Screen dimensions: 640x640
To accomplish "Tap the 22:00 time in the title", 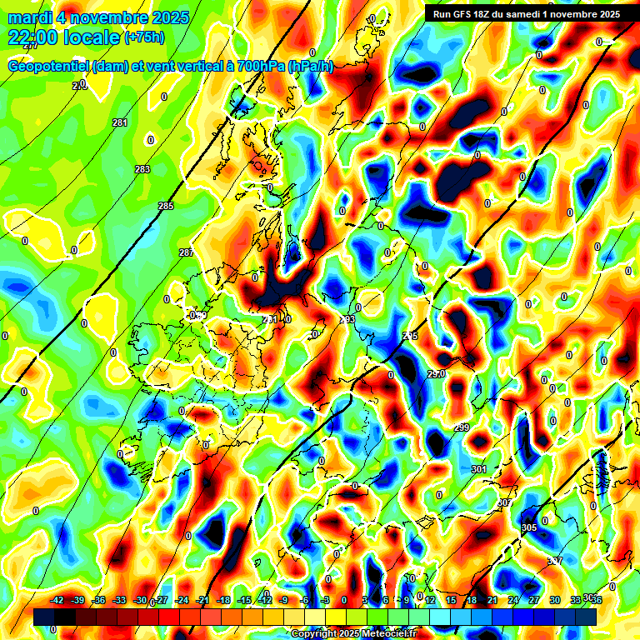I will [37, 37].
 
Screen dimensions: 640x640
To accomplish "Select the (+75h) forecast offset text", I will [144, 37].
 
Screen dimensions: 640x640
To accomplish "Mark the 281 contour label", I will [120, 123].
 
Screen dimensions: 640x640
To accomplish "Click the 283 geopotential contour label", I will [142, 169].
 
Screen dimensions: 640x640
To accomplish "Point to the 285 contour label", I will [166, 206].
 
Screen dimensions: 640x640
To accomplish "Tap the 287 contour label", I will [186, 252].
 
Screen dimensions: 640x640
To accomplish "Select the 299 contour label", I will [462, 427].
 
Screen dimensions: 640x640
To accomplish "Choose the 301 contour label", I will [478, 470].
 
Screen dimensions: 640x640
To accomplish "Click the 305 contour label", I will [529, 528].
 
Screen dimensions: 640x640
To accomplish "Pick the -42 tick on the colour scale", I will [57, 600].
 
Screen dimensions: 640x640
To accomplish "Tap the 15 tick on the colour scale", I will [451, 600].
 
